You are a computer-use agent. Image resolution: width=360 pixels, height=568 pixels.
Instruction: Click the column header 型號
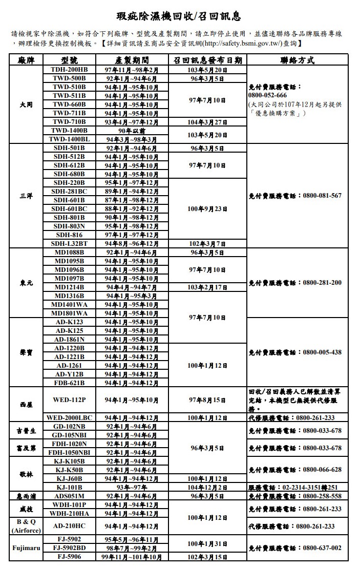[69, 60]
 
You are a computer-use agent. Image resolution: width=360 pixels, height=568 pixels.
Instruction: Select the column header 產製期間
[132, 60]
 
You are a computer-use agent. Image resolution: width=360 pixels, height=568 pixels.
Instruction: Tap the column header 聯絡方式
[298, 60]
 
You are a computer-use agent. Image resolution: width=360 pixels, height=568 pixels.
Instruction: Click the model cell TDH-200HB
[69, 70]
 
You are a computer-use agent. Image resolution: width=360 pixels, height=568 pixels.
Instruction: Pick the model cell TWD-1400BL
[69, 139]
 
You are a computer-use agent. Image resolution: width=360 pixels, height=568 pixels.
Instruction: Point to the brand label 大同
[26, 104]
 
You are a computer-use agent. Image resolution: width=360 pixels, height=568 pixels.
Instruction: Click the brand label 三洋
[26, 196]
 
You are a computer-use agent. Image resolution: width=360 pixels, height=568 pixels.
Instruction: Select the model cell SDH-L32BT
[69, 244]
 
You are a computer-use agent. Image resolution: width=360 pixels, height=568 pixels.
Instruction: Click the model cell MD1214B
[69, 287]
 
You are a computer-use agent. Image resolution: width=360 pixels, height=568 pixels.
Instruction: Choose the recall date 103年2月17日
[207, 287]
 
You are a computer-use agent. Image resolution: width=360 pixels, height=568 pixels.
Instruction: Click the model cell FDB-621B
[69, 383]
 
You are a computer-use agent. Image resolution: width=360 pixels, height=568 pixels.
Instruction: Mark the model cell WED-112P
[69, 400]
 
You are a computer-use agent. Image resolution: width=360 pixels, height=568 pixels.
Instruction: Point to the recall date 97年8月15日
[207, 400]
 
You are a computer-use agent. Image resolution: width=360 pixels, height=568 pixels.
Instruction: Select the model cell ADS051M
[69, 496]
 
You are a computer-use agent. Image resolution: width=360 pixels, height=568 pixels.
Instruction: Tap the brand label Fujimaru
[26, 548]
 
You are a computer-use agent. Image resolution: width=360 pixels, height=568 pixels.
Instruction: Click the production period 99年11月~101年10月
[132, 557]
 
